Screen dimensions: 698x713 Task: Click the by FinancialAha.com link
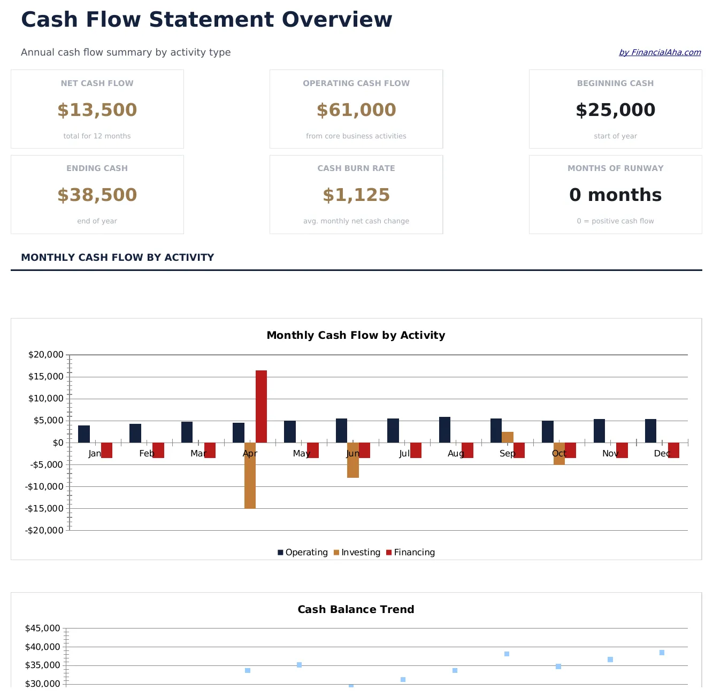[x=660, y=52]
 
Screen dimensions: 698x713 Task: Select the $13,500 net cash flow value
[x=97, y=110]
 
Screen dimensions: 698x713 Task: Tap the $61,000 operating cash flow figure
[x=356, y=110]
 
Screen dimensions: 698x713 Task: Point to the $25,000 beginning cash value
[x=615, y=110]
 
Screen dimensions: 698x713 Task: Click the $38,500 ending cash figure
[x=97, y=195]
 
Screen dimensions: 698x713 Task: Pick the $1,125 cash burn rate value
[x=356, y=195]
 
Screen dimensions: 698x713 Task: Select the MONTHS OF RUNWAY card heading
[x=615, y=168]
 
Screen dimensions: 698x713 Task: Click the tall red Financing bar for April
[x=261, y=406]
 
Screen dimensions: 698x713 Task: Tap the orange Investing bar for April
[x=250, y=475]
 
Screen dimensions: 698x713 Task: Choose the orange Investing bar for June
[x=353, y=460]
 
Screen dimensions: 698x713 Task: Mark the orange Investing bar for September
[x=508, y=437]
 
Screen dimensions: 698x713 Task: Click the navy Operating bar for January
[x=84, y=434]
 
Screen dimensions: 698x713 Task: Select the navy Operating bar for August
[x=444, y=430]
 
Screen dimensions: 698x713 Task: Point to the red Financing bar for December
[x=673, y=450]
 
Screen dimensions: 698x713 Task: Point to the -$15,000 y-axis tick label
[x=44, y=508]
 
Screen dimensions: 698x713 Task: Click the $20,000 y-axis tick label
[x=45, y=355]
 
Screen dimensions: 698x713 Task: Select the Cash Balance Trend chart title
[x=356, y=610]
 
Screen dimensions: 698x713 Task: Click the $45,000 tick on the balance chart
[x=42, y=629]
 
